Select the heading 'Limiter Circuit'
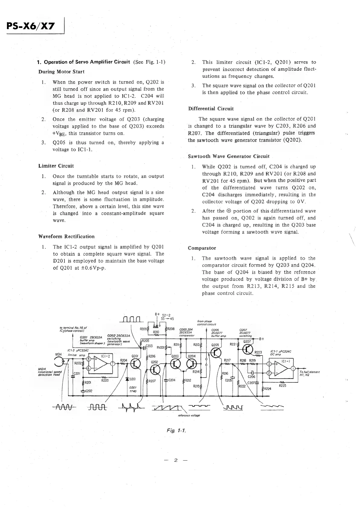[56, 166]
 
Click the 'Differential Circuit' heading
[211, 109]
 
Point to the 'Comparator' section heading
[202, 248]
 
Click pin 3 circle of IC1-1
[269, 364]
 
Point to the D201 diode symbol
[128, 379]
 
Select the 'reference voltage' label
[189, 415]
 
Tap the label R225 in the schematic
[282, 386]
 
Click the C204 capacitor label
[171, 380]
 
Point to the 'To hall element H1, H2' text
[309, 373]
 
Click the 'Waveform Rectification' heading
[66, 236]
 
